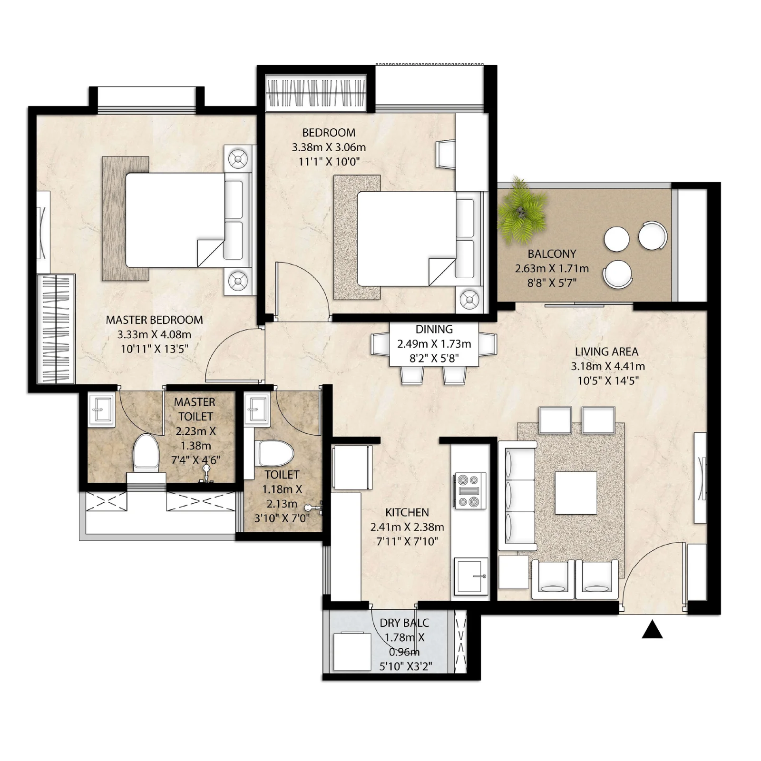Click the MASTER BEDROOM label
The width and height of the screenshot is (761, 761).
[154, 320]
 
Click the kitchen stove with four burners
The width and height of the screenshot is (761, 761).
[470, 490]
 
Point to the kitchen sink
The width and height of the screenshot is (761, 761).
[471, 576]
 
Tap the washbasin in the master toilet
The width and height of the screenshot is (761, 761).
[101, 409]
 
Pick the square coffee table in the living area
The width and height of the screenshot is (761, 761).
[576, 493]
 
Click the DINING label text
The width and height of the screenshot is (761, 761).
[434, 329]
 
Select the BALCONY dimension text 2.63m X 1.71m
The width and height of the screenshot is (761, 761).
[552, 269]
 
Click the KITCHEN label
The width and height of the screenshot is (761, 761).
[407, 512]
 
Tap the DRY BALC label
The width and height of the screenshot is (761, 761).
[404, 623]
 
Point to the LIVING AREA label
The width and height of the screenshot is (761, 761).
[606, 351]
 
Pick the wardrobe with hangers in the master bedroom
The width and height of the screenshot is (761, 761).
[56, 329]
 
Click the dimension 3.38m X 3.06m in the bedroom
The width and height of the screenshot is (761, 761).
[329, 147]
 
